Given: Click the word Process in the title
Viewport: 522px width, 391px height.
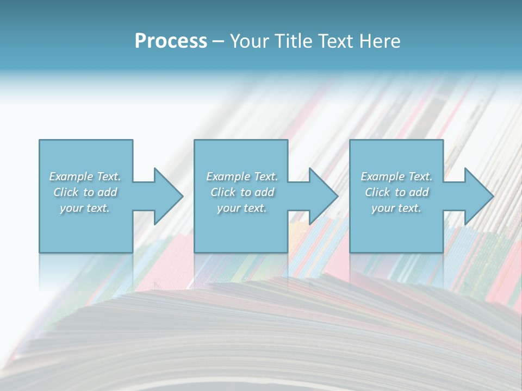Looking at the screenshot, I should click(x=171, y=41).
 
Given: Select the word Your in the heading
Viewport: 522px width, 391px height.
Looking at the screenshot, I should click(x=247, y=41).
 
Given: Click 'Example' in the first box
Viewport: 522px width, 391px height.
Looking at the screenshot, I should click(x=71, y=176).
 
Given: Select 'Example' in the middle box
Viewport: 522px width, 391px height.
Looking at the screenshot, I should click(x=228, y=176).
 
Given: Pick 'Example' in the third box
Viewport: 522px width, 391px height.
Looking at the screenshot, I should click(x=382, y=176).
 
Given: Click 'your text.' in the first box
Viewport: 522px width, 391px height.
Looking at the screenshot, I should click(x=85, y=208).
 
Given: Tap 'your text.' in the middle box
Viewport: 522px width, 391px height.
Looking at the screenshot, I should click(x=242, y=208).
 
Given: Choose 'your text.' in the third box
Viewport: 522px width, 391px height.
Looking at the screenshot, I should click(x=396, y=208).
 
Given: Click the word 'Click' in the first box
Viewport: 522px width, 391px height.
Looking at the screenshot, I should click(x=66, y=192).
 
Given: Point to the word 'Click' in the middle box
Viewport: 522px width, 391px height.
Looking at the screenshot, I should click(x=223, y=192).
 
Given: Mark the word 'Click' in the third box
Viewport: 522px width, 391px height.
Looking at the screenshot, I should click(x=377, y=192).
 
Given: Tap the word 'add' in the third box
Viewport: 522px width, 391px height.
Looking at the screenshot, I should click(x=419, y=192).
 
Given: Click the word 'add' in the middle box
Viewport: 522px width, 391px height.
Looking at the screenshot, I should click(x=265, y=192).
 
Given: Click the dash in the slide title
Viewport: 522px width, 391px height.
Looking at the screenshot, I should click(x=218, y=42).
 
